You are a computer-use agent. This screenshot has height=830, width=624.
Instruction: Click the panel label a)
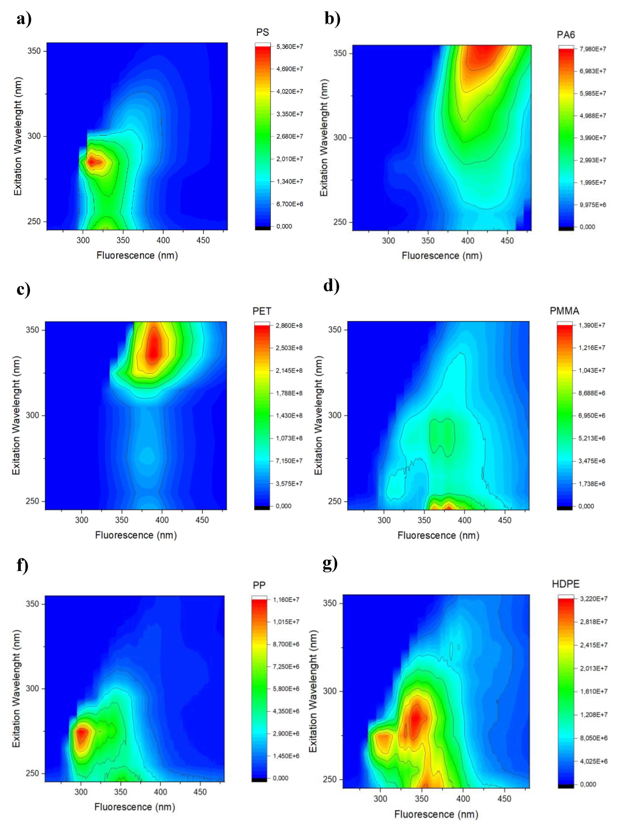tap(24, 19)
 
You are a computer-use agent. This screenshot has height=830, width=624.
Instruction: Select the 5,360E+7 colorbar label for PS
tap(289, 47)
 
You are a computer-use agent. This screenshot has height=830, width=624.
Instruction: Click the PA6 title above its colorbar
tap(565, 35)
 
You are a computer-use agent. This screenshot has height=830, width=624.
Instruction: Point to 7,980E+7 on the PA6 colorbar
tap(593, 49)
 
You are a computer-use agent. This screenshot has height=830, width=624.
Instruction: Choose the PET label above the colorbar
tap(262, 311)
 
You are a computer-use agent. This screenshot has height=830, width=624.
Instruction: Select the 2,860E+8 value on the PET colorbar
tap(289, 326)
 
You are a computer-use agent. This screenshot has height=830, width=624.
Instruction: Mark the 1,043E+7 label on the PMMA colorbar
tap(591, 370)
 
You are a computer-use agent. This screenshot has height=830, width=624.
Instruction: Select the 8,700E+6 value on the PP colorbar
tap(286, 644)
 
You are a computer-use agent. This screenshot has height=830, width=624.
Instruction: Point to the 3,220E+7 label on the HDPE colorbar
tap(593, 599)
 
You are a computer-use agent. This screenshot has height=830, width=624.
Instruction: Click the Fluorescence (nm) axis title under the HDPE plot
tap(436, 814)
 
